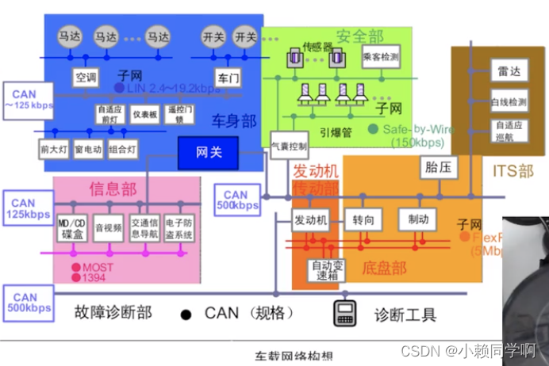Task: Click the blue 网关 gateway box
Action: (x=208, y=152)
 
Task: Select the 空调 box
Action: (x=86, y=78)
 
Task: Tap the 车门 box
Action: (x=228, y=78)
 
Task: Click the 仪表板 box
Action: (x=145, y=114)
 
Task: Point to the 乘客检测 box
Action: (x=380, y=57)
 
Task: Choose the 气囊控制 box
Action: (x=288, y=146)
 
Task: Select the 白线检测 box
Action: (x=508, y=102)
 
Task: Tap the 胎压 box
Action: (x=432, y=167)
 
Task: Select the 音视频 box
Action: (x=108, y=227)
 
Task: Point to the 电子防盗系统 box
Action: (x=183, y=228)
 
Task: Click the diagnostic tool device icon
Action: (x=344, y=312)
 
